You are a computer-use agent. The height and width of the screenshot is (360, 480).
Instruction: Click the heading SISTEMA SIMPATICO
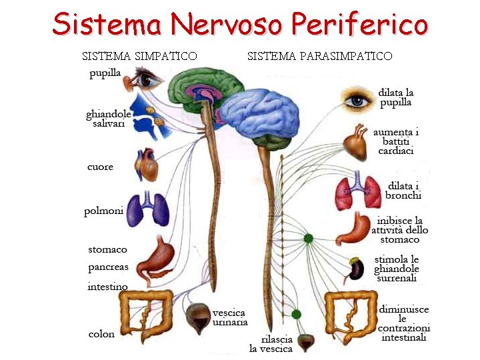pos(139,56)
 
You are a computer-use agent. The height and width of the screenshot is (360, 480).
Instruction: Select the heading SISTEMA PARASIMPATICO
pos(319,56)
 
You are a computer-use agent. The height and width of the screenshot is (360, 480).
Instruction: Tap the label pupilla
pos(105,73)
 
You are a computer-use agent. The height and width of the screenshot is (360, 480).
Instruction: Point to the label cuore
pos(100,167)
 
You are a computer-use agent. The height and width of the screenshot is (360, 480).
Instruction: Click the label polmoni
pos(103,211)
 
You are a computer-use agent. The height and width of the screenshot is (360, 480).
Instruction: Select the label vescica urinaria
pos(229,317)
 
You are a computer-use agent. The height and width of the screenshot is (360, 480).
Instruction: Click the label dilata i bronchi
pos(403,190)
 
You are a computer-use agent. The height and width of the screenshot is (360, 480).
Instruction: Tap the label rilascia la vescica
pos(271,343)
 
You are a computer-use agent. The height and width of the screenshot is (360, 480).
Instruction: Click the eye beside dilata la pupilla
pos(359,100)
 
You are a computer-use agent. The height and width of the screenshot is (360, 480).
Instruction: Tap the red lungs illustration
pos(357,191)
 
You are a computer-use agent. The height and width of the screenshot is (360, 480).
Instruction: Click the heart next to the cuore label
pos(147,165)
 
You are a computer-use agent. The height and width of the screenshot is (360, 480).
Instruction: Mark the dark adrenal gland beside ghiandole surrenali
pos(358,269)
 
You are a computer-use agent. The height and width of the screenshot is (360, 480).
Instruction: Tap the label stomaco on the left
pos(107,249)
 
